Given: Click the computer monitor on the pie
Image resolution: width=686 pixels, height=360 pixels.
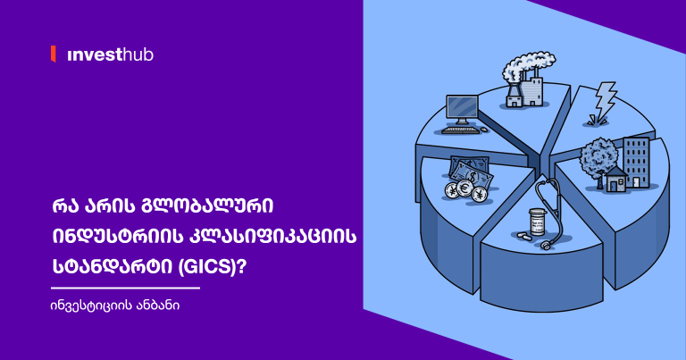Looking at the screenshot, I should pos(463,109).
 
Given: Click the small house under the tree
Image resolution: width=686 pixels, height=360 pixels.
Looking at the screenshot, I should pos(615,181).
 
